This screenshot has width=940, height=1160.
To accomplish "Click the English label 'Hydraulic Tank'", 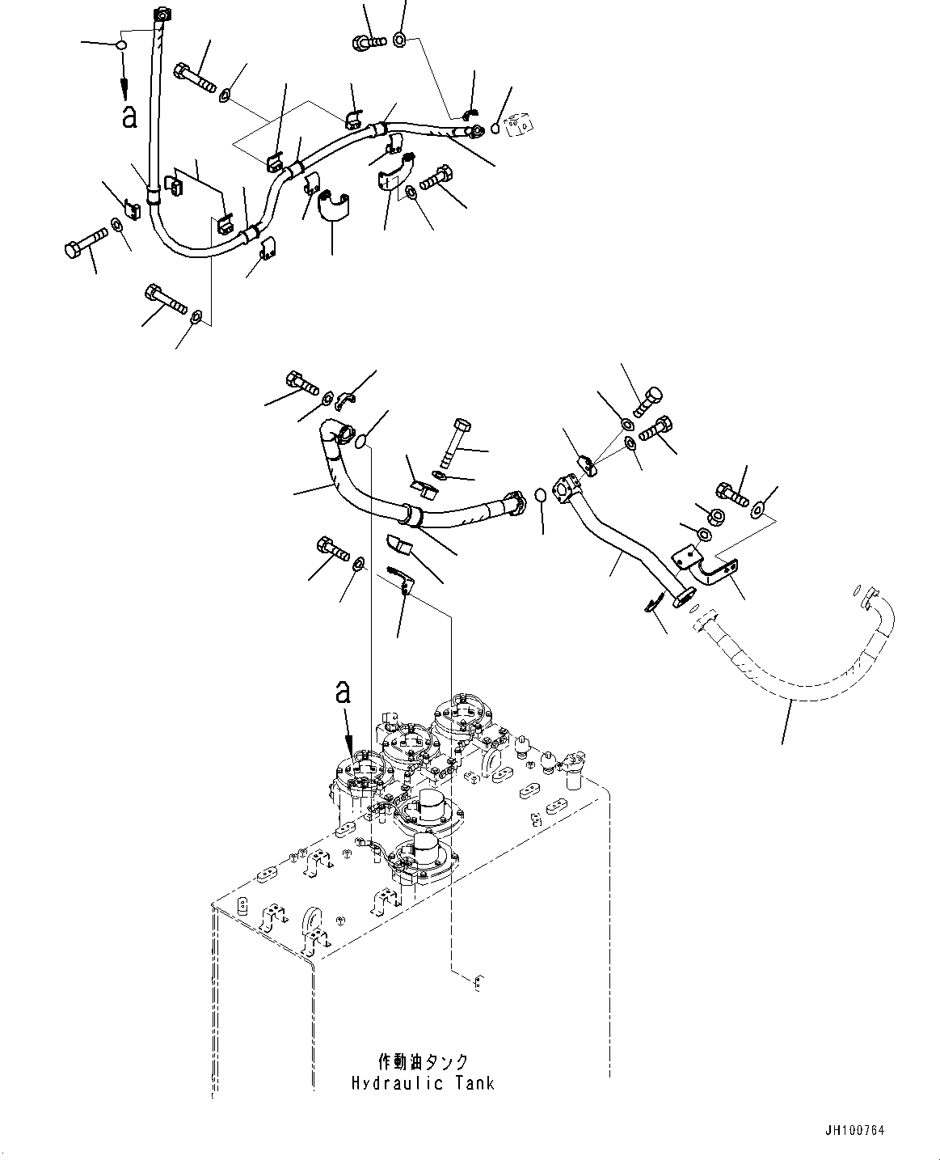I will pyautogui.click(x=422, y=1083).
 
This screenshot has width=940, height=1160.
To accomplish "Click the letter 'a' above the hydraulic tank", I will pyautogui.click(x=344, y=692).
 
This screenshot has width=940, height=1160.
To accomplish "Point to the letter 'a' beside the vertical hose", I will pyautogui.click(x=129, y=116).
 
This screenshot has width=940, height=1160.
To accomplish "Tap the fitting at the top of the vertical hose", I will pyautogui.click(x=162, y=15).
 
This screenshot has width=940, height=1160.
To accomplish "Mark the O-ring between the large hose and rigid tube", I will pyautogui.click(x=541, y=493).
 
